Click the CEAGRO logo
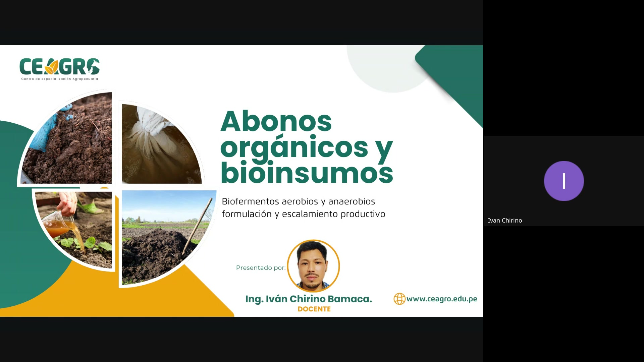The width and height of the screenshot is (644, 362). point(59,67)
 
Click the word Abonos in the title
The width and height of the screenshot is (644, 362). point(276,121)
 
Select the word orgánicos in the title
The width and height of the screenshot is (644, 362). point(294,147)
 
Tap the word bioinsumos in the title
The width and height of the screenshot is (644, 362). point(307,173)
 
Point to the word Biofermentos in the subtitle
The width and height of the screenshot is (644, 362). point(250,201)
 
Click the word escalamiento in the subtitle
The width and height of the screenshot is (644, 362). point(310,214)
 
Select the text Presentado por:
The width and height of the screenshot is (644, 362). point(261,268)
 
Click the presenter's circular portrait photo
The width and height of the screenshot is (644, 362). point(313,266)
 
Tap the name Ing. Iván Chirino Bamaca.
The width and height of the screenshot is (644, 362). point(308,299)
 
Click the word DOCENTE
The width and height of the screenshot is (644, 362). point(314,309)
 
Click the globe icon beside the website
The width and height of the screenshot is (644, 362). point(399,299)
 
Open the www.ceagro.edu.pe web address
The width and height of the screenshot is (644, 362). point(442,299)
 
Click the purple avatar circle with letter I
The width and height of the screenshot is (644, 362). point(563,181)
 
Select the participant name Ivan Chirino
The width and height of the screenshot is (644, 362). point(505,221)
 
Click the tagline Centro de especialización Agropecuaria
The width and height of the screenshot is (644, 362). point(59,79)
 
